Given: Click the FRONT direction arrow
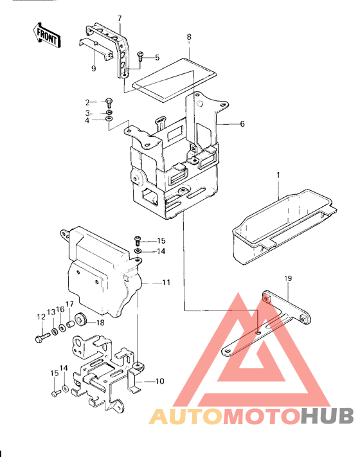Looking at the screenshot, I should [47, 36].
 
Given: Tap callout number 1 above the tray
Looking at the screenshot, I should [278, 175].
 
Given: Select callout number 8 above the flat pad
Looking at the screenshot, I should [189, 38].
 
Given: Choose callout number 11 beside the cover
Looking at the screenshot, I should [166, 282].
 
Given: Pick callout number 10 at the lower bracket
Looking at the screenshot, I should [159, 381].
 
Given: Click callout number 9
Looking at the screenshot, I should [93, 69].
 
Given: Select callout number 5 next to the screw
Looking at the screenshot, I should [156, 58].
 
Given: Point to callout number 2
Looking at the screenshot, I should [87, 102].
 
